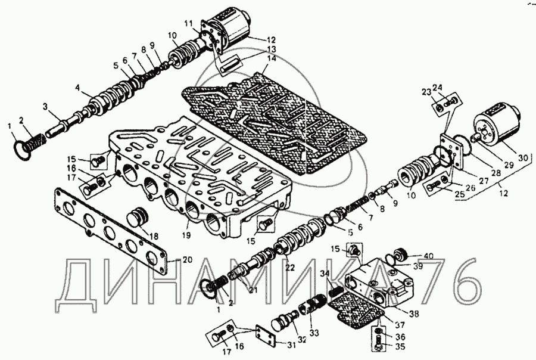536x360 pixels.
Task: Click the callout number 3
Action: click(45, 106)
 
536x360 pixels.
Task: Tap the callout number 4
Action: click(78, 88)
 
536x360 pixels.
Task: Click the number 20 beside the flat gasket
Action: click(171, 260)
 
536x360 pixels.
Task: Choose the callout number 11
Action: click(188, 23)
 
